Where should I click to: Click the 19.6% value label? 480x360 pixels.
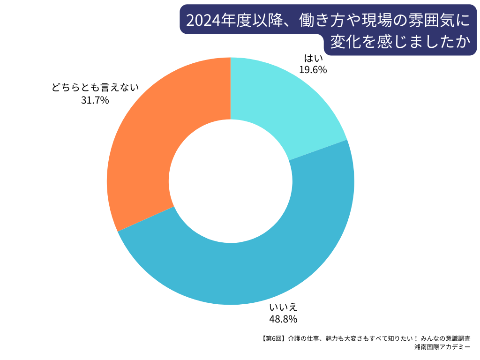(313, 70)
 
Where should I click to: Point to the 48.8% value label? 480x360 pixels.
(283, 319)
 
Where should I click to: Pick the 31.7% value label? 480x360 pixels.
(95, 99)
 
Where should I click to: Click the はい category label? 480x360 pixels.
(313, 59)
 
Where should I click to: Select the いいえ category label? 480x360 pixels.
(283, 308)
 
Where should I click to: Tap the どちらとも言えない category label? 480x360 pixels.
(95, 88)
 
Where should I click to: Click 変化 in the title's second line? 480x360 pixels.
(346, 43)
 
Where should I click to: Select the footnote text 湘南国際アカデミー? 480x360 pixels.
(442, 347)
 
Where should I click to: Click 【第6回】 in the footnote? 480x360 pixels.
(272, 338)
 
